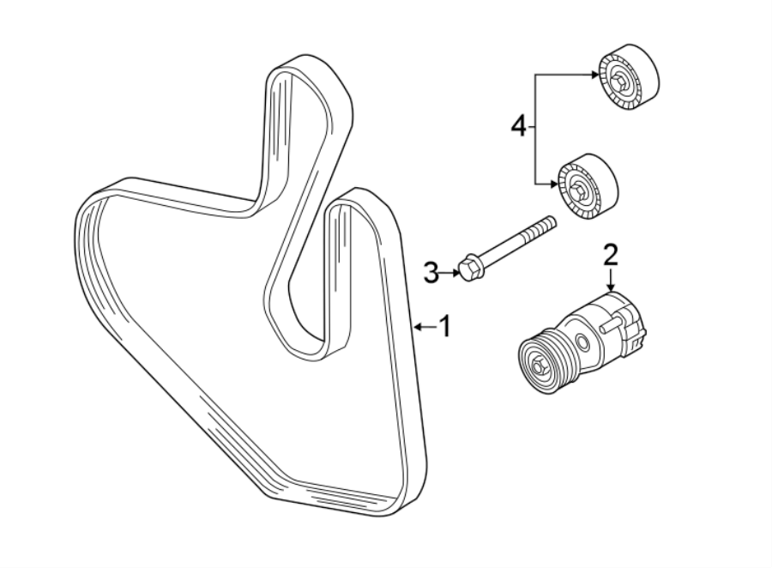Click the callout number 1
point(444,326)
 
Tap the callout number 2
point(610,255)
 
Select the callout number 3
point(431,273)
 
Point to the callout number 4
point(517,127)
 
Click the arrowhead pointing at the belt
point(416,326)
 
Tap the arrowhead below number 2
point(610,287)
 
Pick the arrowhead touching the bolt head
point(455,273)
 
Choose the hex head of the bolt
point(468,268)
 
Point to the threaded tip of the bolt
point(549,224)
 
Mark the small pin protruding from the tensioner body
point(608,325)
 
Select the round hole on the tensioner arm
point(583,343)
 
